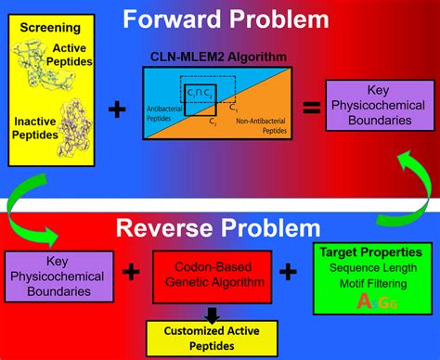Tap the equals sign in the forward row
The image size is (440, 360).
coord(313,109)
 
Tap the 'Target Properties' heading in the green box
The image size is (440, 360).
coord(371,251)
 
